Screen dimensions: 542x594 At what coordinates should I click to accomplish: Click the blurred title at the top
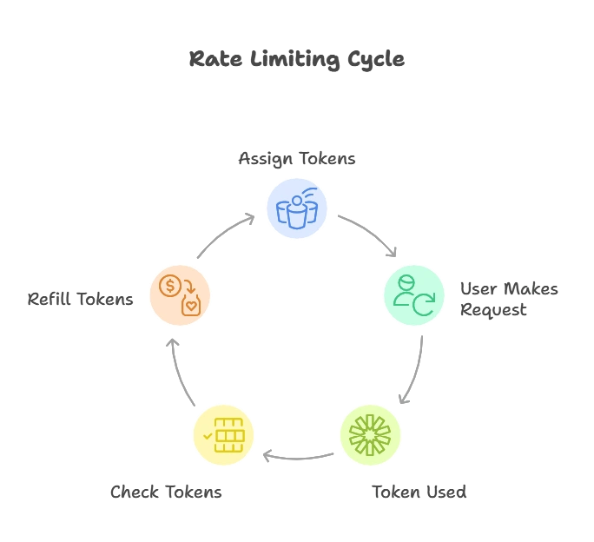coord(297,60)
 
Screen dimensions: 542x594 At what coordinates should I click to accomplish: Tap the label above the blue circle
coord(298,158)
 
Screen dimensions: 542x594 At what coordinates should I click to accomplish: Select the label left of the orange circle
coord(83,298)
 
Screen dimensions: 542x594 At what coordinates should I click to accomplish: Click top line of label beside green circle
coord(510,290)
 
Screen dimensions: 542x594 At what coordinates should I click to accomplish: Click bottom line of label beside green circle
coord(492,311)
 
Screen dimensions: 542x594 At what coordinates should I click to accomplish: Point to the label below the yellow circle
coord(163,492)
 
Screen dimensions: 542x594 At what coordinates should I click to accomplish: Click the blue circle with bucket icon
coord(297,208)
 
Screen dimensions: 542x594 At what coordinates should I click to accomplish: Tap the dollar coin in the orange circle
coord(170,285)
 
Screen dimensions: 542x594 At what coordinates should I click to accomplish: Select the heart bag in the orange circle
coord(191,305)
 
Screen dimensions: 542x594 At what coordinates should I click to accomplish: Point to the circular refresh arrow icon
coord(423,304)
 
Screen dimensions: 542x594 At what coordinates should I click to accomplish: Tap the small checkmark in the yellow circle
coord(208,433)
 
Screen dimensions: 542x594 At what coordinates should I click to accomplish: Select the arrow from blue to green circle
coord(369,235)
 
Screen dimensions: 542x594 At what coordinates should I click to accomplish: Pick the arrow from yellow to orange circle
coord(179,369)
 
